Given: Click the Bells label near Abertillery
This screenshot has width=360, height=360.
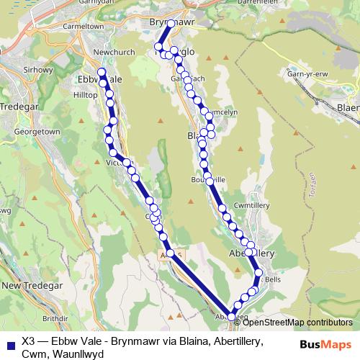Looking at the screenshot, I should pyautogui.click(x=272, y=279).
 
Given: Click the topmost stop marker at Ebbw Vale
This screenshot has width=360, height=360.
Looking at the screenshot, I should pyautogui.click(x=102, y=72).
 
